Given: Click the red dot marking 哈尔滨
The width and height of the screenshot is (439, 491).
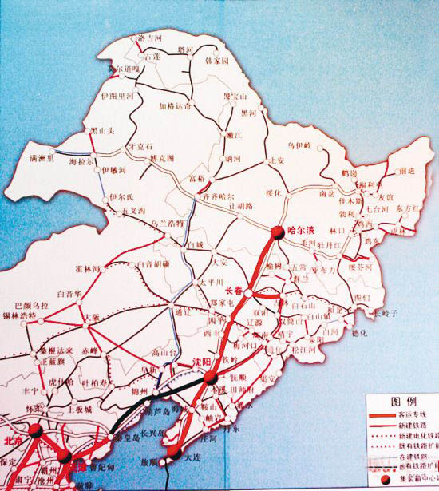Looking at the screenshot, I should click(x=276, y=232).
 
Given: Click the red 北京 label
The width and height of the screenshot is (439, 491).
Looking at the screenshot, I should click(x=15, y=440).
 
